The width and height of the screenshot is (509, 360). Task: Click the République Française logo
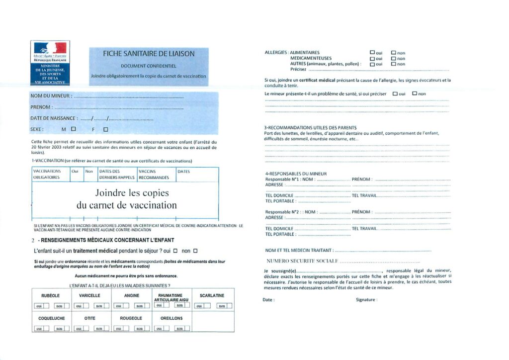pos(50,62)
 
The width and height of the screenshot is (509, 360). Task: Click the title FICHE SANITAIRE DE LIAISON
pos(149,53)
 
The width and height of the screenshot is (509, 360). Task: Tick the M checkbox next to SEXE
pos(74,129)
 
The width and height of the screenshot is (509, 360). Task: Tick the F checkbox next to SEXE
pos(105,129)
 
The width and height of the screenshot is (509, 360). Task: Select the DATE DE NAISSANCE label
pos(54,118)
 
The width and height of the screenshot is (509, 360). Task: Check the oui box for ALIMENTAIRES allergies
pos(372,52)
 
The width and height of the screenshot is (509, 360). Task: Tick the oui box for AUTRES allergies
pos(372,64)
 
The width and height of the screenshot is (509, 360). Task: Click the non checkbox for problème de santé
pos(415,93)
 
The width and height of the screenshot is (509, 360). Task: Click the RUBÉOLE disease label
pos(51,295)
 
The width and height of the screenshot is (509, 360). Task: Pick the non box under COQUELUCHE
pos(60,328)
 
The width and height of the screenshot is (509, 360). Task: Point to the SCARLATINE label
pos(212,295)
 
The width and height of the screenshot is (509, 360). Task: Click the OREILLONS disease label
pos(171,318)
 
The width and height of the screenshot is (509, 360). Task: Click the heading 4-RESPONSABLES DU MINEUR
pos(296,174)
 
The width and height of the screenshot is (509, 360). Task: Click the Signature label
pos(366,300)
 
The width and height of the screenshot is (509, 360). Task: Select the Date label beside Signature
pos(268,300)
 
